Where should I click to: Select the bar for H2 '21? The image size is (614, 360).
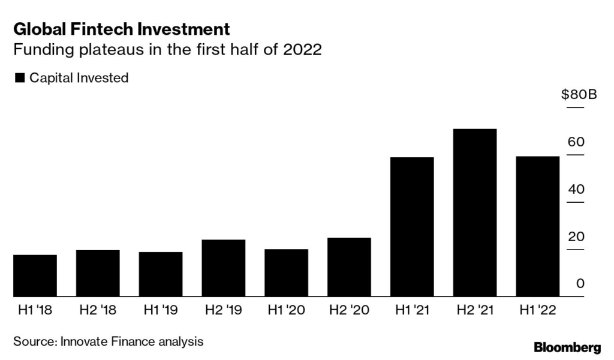475,213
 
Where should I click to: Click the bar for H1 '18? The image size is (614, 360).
35,276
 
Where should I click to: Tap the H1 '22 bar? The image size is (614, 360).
538,227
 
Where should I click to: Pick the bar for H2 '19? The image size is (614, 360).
224,268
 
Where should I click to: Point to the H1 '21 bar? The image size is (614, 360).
412,227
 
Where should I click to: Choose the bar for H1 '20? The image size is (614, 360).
286,273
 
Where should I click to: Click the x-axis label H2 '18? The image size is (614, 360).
98,310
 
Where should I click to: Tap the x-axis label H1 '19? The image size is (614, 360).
161,310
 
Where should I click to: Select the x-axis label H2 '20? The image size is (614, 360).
349,310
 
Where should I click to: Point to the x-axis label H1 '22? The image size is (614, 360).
538,310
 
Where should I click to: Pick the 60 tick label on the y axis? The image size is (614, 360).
576,142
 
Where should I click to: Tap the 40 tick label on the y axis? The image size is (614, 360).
576,190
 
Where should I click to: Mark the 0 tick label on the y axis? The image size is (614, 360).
580,283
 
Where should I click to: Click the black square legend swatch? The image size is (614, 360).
19,78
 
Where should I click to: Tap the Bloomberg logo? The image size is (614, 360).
567,347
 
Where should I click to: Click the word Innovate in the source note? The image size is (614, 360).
82,341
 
